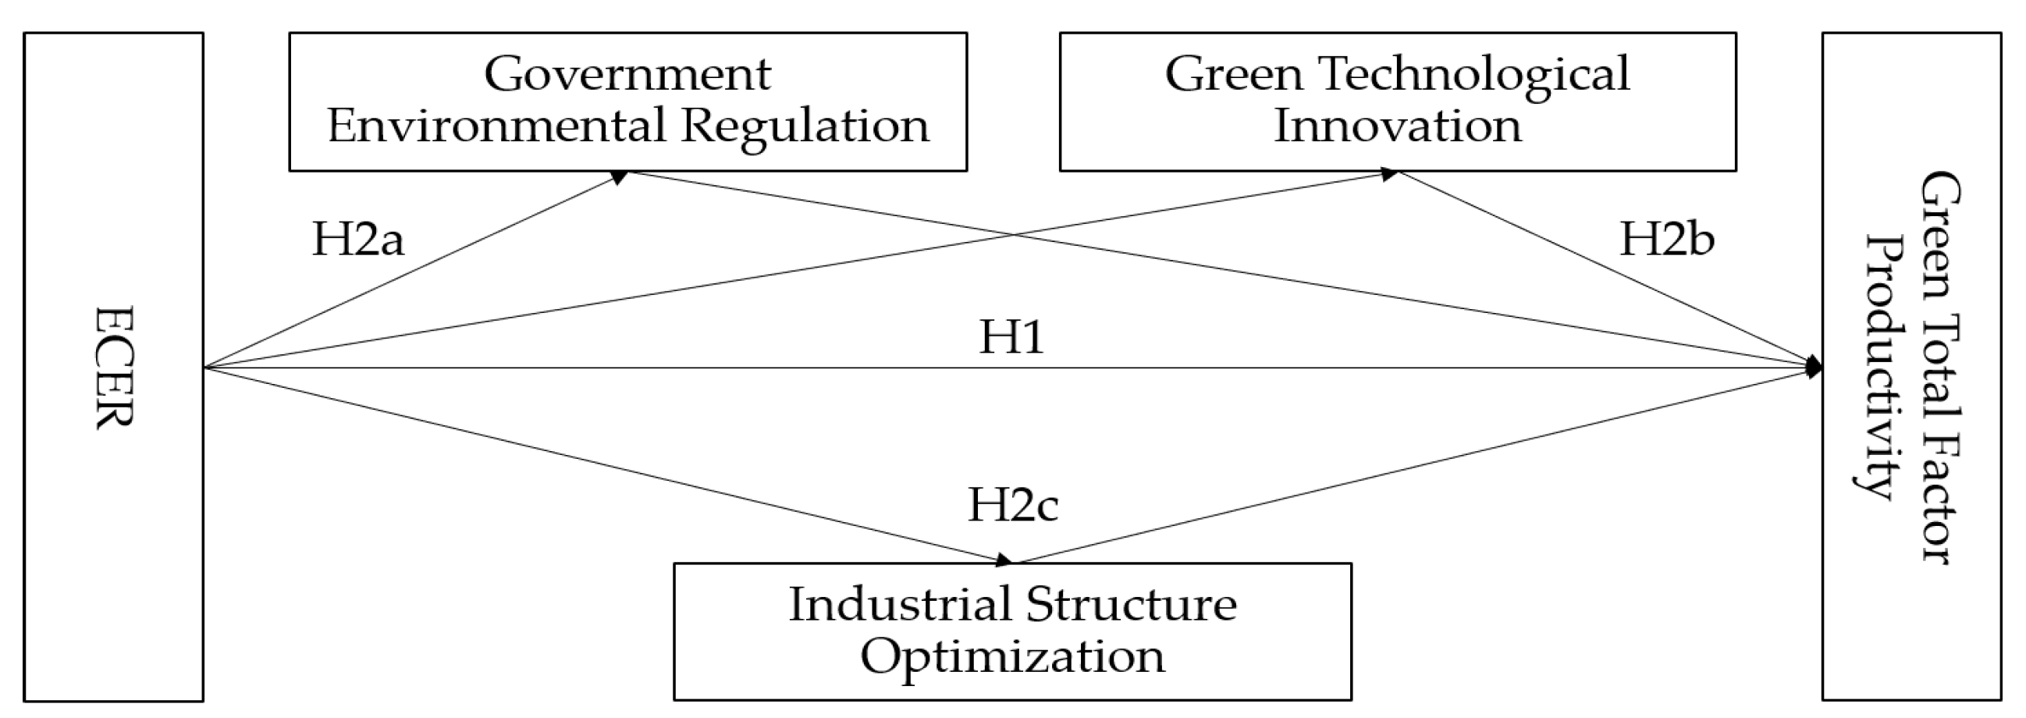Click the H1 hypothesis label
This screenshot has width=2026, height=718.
click(x=1011, y=337)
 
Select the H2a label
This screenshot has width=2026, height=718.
click(x=358, y=239)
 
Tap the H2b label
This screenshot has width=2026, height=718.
click(x=1666, y=239)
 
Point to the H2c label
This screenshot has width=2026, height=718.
click(x=1012, y=504)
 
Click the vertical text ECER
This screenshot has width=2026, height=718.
click(x=114, y=368)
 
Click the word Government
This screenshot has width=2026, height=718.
click(x=627, y=75)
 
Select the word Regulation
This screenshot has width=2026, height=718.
click(x=805, y=126)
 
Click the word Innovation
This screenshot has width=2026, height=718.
click(x=1398, y=126)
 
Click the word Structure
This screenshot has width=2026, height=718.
click(x=1131, y=605)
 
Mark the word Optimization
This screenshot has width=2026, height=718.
click(x=1012, y=656)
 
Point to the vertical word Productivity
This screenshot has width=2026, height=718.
click(x=1886, y=368)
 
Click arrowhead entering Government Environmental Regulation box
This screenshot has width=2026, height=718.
click(x=620, y=177)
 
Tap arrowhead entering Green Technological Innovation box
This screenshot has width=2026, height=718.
click(x=1389, y=174)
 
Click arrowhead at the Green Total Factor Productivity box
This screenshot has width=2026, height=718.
click(x=1815, y=368)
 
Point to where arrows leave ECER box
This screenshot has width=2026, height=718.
click(x=205, y=368)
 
